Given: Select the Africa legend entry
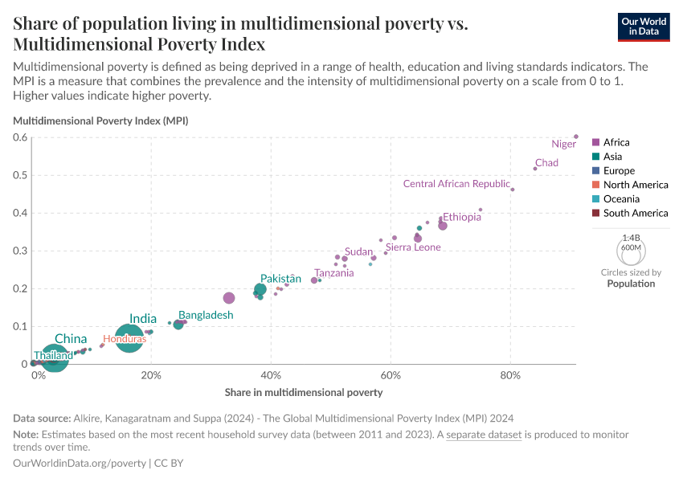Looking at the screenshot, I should (x=616, y=142).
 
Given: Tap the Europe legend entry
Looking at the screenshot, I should (x=618, y=170).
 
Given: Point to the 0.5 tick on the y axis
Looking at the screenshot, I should (x=19, y=175).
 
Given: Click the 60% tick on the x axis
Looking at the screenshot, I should (x=391, y=376).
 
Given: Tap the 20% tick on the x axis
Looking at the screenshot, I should (x=151, y=376).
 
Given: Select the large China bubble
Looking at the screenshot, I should (x=54, y=357).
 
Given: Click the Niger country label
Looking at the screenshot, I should (x=563, y=145).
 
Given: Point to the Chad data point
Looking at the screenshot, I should (x=535, y=169).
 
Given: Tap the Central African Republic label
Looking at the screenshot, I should (x=456, y=184).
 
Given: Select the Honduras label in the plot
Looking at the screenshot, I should (x=125, y=339).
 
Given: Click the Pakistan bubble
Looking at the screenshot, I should (x=260, y=289).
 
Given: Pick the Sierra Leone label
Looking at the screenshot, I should (x=413, y=247).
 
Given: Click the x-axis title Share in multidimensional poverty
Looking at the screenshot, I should (x=304, y=393).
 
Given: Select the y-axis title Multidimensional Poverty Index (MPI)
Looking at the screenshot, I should (x=100, y=120).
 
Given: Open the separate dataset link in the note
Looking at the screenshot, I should (x=484, y=435).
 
